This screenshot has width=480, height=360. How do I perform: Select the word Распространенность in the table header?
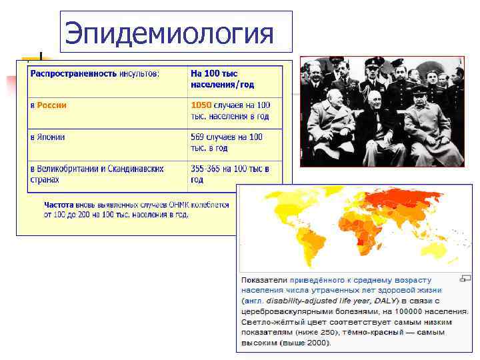click(73, 73)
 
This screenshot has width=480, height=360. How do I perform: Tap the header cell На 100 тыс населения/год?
click(223, 79)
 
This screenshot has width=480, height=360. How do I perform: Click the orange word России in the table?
click(51, 105)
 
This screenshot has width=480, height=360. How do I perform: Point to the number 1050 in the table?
click(201, 105)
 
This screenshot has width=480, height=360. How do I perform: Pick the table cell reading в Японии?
click(47, 137)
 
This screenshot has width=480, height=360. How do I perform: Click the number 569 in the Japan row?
click(201, 137)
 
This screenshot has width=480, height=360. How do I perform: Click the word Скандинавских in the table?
click(136, 169)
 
